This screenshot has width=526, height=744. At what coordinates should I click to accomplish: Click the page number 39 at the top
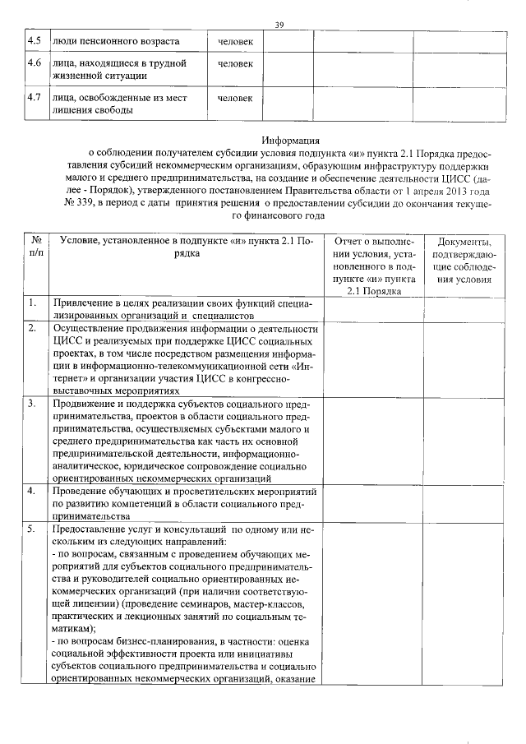pyautogui.click(x=279, y=25)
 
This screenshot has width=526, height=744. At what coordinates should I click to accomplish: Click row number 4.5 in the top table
pyautogui.click(x=34, y=40)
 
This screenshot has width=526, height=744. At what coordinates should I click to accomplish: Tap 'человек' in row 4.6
pyautogui.click(x=236, y=62)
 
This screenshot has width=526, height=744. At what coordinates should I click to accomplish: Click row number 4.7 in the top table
pyautogui.click(x=34, y=97)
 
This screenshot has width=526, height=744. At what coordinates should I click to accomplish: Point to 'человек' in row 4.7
pyautogui.click(x=236, y=98)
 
